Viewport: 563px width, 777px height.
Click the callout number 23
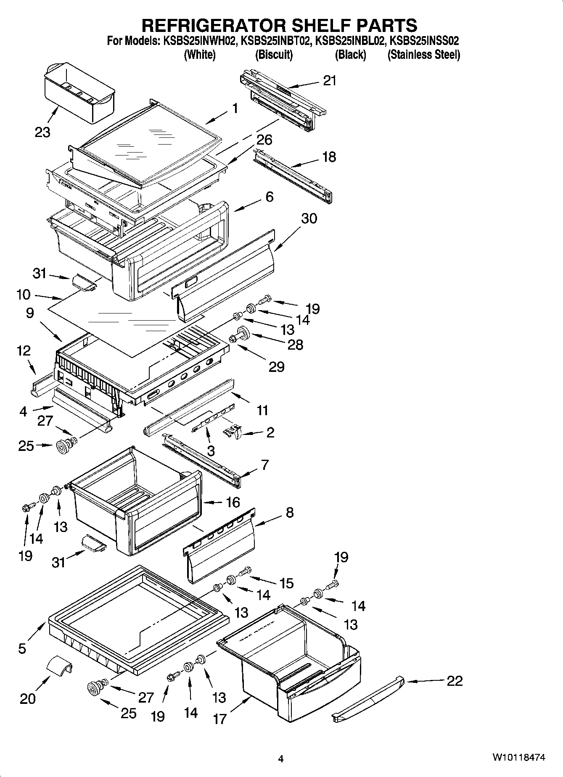tap(42, 132)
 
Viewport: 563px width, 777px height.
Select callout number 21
tap(330, 81)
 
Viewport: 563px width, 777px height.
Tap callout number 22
tap(454, 680)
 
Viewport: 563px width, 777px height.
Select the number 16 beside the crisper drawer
tap(233, 502)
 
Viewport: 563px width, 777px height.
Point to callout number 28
tap(295, 345)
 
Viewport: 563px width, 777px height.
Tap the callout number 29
tap(276, 367)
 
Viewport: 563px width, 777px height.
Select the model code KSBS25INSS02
tap(424, 41)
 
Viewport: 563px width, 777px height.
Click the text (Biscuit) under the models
tap(274, 55)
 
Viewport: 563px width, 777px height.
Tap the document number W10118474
tap(519, 757)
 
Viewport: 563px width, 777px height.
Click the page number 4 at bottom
tap(281, 759)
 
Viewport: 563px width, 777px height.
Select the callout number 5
tap(22, 648)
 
